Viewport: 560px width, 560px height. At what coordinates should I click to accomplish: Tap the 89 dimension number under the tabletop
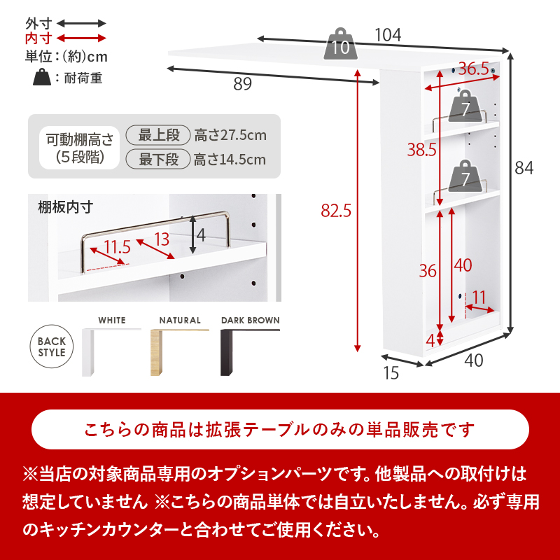pos(242,85)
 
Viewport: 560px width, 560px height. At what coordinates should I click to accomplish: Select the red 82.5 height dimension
pos(335,209)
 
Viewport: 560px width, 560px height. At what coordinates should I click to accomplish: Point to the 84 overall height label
pos(524,168)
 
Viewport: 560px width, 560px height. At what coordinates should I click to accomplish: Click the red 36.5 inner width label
pos(473,69)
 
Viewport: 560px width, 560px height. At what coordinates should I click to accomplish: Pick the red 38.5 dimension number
pos(422,149)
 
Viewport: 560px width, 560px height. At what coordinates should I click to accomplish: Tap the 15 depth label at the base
pos(391,373)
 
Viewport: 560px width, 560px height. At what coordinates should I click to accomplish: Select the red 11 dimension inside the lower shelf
pos(479,297)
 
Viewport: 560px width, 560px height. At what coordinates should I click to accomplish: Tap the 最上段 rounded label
pos(159,135)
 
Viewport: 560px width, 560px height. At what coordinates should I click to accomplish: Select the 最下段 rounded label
pos(159,159)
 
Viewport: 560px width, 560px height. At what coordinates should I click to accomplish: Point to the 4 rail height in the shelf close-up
pos(201,235)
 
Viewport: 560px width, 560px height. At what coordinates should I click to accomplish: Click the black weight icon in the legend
pos(42,77)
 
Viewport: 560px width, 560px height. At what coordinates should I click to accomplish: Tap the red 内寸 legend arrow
pos(81,38)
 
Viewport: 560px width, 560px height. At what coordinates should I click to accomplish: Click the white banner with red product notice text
pos(280,429)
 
